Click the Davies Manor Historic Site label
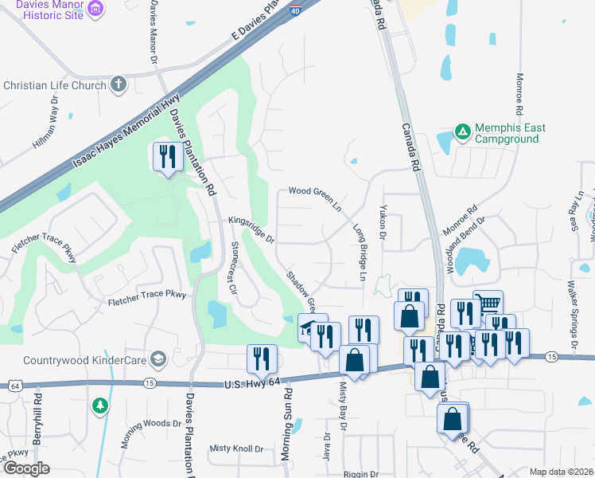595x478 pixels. click(x=40, y=10)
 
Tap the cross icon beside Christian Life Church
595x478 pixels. click(x=119, y=84)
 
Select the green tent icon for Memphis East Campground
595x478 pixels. click(x=461, y=130)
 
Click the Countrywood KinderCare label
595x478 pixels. click(x=82, y=359)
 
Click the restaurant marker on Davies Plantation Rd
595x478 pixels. click(x=167, y=158)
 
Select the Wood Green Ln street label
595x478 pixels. click(x=314, y=196)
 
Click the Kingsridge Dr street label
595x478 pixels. click(x=251, y=228)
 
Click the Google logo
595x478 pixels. click(x=26, y=468)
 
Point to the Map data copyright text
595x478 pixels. click(x=560, y=472)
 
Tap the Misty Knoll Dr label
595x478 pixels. click(x=236, y=449)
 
